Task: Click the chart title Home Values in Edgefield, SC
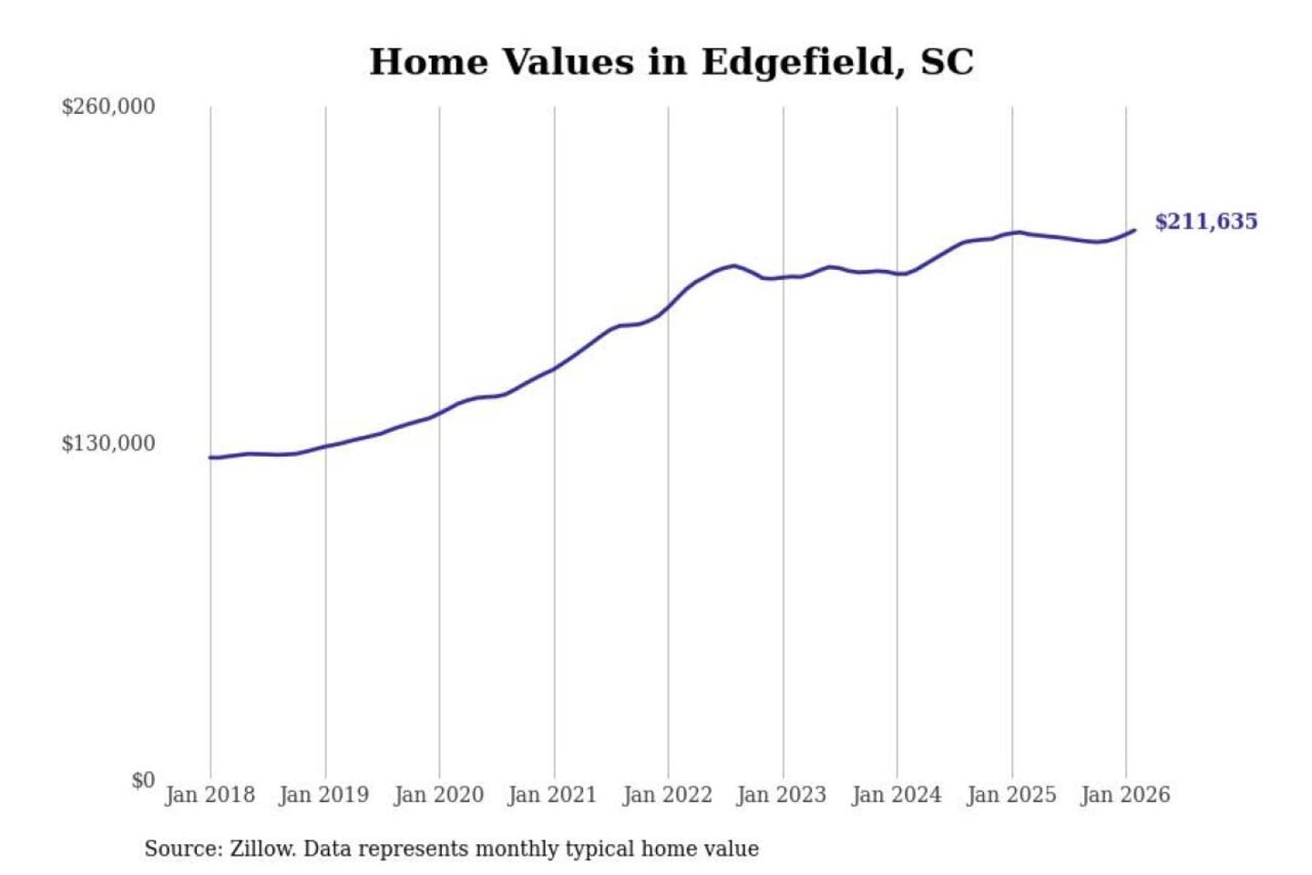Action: click(671, 62)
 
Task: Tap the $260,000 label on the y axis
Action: click(108, 107)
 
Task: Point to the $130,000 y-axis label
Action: click(108, 444)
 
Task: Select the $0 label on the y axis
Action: click(143, 780)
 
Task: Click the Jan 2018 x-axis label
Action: click(210, 795)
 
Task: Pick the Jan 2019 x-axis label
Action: click(324, 795)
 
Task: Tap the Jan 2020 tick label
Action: click(438, 795)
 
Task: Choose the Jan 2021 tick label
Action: click(552, 795)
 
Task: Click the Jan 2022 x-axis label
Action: click(667, 795)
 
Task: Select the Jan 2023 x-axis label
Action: click(782, 795)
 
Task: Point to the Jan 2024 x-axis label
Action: click(897, 795)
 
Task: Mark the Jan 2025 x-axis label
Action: click(1011, 795)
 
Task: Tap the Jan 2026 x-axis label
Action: click(1125, 795)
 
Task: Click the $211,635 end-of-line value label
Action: click(1205, 221)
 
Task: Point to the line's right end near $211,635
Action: click(1134, 231)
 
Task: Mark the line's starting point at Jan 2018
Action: click(210, 458)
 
